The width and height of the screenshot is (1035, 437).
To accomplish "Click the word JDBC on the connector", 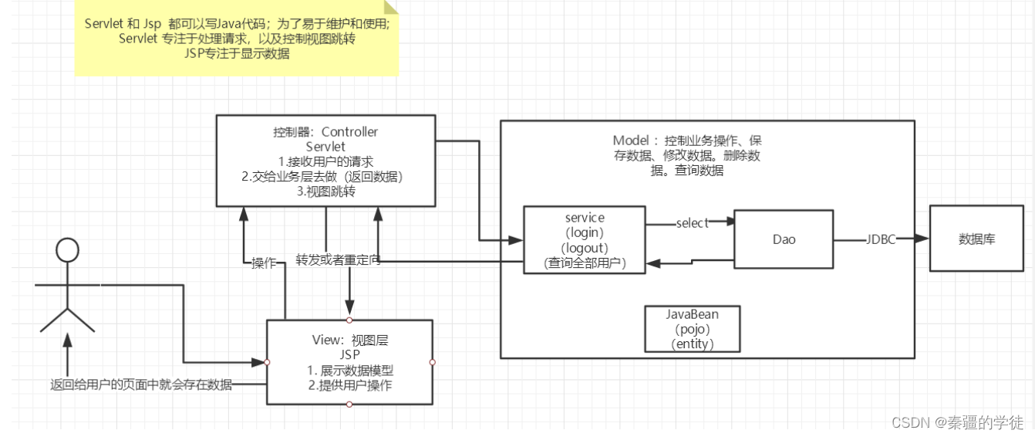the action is pyautogui.click(x=881, y=239).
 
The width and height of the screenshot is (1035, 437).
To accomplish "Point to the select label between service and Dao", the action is pyautogui.click(x=692, y=223).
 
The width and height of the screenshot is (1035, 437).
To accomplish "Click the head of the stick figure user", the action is pyautogui.click(x=67, y=250).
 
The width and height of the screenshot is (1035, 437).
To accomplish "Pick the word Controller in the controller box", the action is pyautogui.click(x=350, y=132).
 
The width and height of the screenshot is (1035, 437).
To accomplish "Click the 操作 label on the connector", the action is pyautogui.click(x=264, y=263).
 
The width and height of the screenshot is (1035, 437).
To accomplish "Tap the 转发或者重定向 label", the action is pyautogui.click(x=339, y=260).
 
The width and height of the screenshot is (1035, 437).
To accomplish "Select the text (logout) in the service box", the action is pyautogui.click(x=585, y=248).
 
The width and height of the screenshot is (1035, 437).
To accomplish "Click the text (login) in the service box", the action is pyautogui.click(x=585, y=232).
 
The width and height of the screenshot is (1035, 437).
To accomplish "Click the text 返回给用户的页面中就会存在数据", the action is pyautogui.click(x=141, y=384).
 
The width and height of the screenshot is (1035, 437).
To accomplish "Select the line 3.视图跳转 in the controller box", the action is pyautogui.click(x=326, y=191).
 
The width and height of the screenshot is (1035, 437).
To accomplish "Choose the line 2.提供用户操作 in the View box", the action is pyautogui.click(x=350, y=385).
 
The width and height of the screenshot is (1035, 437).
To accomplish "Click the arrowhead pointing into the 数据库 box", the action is pyautogui.click(x=922, y=239).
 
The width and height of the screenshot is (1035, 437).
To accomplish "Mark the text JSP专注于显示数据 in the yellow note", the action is pyautogui.click(x=237, y=53).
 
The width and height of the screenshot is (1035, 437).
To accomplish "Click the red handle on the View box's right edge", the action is pyautogui.click(x=433, y=362).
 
